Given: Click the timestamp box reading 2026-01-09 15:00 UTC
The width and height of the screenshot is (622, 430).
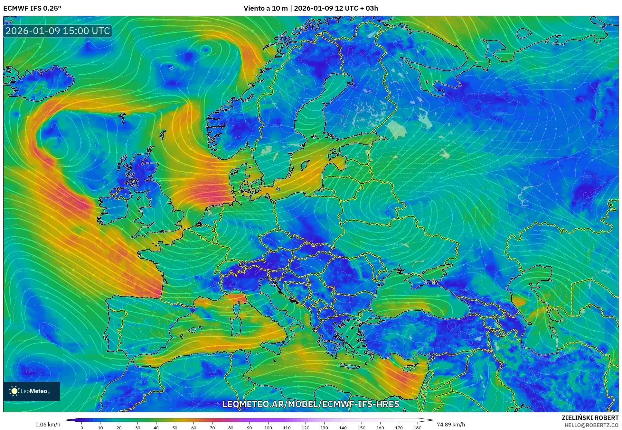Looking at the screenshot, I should point(58,31).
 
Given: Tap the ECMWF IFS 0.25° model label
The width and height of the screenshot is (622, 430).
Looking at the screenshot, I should point(32,8).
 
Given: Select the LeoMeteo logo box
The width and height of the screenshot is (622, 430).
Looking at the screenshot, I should point(32,391).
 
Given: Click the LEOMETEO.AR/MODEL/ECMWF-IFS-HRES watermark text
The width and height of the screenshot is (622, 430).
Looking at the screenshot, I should point(311,404).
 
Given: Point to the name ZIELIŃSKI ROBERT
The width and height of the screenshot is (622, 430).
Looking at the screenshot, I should point(590,418).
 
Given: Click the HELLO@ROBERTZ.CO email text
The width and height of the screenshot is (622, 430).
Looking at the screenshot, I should point(591,425).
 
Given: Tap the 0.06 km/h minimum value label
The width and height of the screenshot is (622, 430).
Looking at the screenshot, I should point(48,425).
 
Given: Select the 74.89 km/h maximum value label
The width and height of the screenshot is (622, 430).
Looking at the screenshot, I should point(450,425).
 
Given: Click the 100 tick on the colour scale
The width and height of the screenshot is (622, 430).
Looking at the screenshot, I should point(268,428).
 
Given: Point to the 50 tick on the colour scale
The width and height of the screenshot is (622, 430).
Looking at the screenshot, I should point(175,428).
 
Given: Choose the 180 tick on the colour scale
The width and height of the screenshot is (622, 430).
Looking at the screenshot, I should point(417,428).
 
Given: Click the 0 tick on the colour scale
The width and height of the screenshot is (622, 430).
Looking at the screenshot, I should point(82,428).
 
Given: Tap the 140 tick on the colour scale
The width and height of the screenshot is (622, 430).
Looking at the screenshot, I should point(343,428).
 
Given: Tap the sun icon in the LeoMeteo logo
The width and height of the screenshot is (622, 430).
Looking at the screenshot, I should point(14,391).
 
